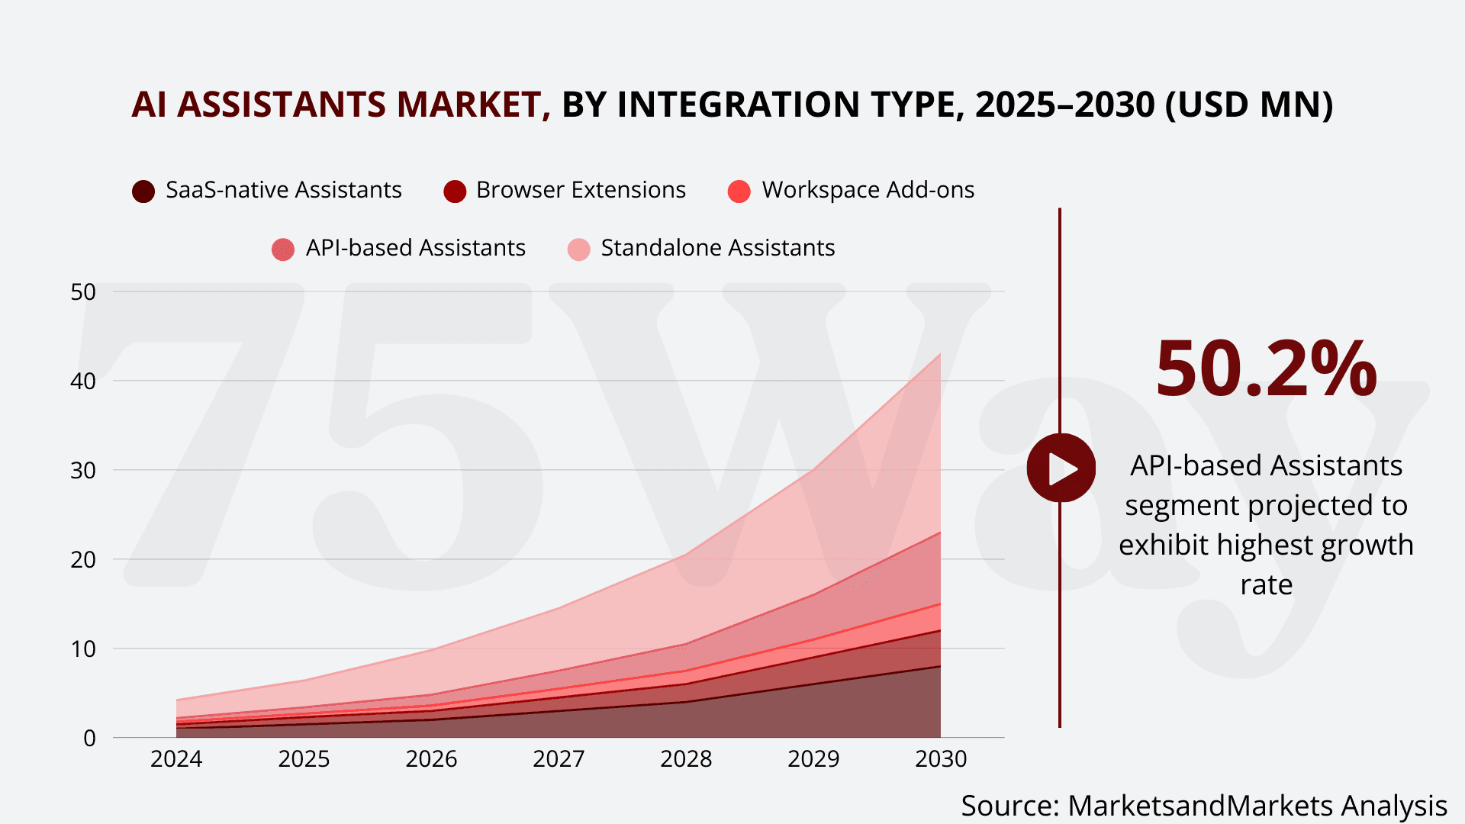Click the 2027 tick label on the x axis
tap(559, 758)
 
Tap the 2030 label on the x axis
tap(941, 758)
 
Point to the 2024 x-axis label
tap(176, 758)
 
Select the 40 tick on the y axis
tap(83, 381)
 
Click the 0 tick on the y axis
tap(90, 738)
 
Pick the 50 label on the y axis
tap(83, 291)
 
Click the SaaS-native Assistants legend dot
tap(143, 191)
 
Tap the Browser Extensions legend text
tap(581, 189)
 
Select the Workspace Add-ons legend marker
tap(739, 191)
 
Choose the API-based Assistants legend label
tap(415, 248)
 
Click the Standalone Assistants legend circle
tap(579, 249)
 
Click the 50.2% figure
tap(1266, 369)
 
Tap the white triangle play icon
tap(1062, 468)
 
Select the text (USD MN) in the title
tap(1249, 105)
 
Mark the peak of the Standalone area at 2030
tap(940, 353)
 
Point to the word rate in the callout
tap(1266, 584)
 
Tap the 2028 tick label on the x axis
tap(686, 758)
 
